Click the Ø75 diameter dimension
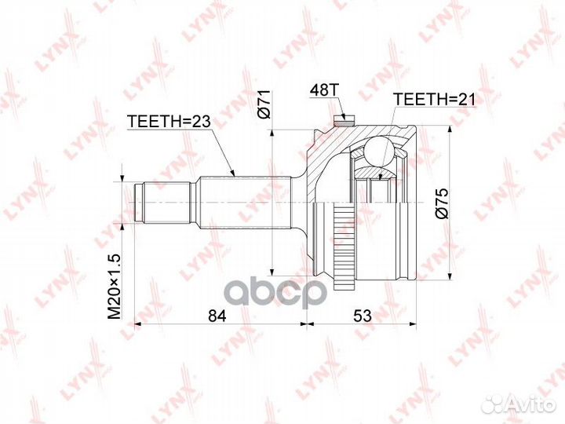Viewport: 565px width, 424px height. [x=441, y=202]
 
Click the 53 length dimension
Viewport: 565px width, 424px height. [x=362, y=316]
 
